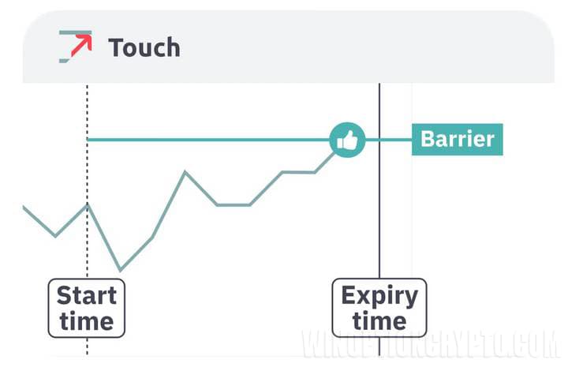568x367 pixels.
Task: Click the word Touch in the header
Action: [x=144, y=47]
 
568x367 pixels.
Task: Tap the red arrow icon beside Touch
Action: [x=76, y=47]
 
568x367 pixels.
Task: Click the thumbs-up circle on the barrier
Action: [x=347, y=140]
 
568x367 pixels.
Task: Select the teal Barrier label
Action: [x=457, y=140]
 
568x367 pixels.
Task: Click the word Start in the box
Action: [x=87, y=296]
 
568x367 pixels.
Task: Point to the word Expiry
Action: [x=379, y=296]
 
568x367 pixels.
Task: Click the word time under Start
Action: [x=87, y=321]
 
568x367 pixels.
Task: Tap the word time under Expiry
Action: [x=379, y=321]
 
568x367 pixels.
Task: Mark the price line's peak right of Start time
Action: [x=185, y=171]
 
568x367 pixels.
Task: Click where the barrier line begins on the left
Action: [x=88, y=140]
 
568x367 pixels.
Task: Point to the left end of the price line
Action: [x=24, y=207]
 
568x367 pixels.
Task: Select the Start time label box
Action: [x=87, y=308]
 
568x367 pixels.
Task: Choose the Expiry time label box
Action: [x=379, y=308]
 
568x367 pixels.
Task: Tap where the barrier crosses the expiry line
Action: [x=379, y=140]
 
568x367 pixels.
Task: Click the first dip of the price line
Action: [x=55, y=235]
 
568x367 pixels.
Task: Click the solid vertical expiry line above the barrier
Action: [x=379, y=107]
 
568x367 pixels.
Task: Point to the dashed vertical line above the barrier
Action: [x=88, y=107]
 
